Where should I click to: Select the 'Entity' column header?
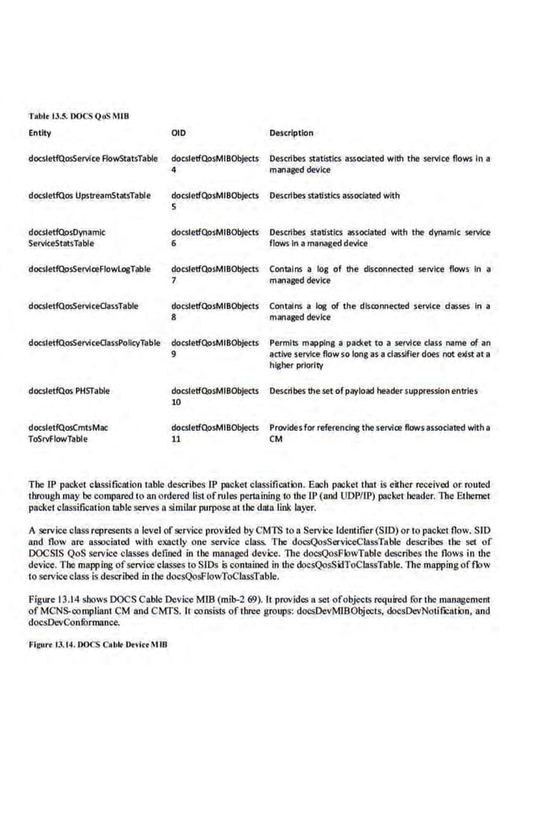click(39, 133)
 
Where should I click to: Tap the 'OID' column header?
click(178, 133)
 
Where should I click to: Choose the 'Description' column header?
click(291, 133)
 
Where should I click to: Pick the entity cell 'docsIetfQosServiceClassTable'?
click(83, 306)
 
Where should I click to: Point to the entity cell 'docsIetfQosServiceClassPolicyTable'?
click(94, 342)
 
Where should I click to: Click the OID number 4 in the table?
click(173, 169)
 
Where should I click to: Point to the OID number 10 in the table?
click(176, 401)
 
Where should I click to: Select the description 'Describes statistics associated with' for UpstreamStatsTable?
click(334, 196)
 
